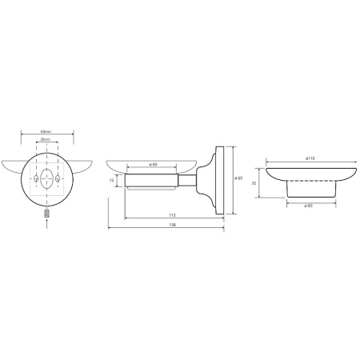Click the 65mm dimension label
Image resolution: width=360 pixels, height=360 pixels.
click(x=46, y=131)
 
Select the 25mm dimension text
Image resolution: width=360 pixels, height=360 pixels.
click(x=46, y=139)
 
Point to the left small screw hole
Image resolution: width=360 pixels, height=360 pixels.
click(x=36, y=178)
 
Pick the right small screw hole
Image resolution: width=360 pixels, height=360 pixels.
click(x=58, y=178)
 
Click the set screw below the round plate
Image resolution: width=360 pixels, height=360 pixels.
click(x=47, y=214)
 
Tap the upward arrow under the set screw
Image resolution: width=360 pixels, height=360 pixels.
click(x=47, y=224)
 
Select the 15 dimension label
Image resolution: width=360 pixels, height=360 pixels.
click(x=111, y=181)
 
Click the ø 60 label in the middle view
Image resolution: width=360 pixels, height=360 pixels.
click(x=153, y=165)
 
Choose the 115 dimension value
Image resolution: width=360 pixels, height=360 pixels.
click(x=173, y=215)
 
